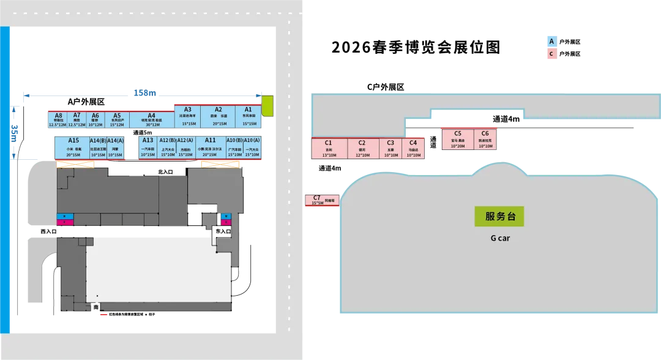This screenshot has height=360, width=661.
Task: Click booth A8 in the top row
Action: tap(58, 119)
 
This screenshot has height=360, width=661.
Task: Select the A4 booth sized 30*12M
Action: tap(151, 119)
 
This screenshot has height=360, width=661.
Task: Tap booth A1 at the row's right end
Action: tap(248, 116)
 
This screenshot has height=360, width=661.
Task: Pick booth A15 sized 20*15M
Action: tap(73, 148)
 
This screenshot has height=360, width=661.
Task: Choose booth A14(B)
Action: tap(98, 148)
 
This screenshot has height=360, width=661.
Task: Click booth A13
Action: tap(148, 148)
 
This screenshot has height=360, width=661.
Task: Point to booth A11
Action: tap(210, 148)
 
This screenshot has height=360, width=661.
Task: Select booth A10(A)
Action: tap(252, 148)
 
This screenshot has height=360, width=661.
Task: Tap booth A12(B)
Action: tap(168, 148)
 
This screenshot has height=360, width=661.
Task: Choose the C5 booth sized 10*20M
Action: tap(458, 140)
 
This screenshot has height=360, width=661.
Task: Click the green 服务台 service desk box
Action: tap(499, 216)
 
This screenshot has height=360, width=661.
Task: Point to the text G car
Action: tap(499, 238)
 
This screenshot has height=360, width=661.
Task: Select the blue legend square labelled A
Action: tap(551, 42)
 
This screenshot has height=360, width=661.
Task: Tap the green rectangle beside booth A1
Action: tap(267, 106)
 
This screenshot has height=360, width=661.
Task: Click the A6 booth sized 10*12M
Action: tap(95, 119)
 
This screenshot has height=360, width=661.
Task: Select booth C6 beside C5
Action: tap(485, 140)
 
